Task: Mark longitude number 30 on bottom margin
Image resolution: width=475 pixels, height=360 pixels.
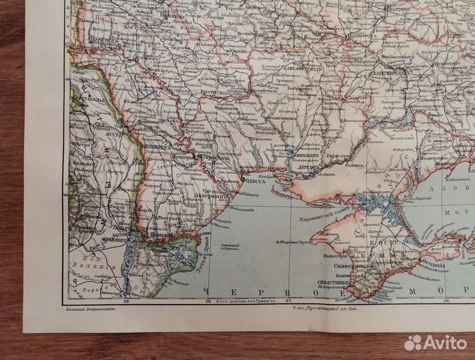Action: click(207, 301)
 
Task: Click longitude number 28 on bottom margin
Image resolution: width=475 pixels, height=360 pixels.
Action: click(126, 301)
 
